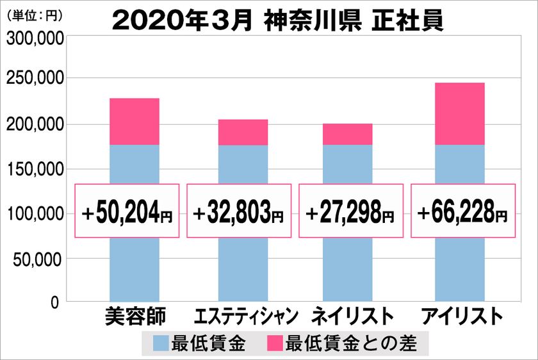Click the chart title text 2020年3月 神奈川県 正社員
coord(277,19)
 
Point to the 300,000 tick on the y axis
coord(35,39)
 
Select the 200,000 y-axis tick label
coord(35,124)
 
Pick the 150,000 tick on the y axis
coord(35,169)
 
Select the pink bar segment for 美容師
coord(134,122)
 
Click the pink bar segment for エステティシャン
coord(243,132)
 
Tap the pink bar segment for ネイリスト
coord(347,134)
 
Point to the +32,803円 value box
coord(239,211)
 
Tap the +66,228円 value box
coord(462,211)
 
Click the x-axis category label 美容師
coord(134,317)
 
